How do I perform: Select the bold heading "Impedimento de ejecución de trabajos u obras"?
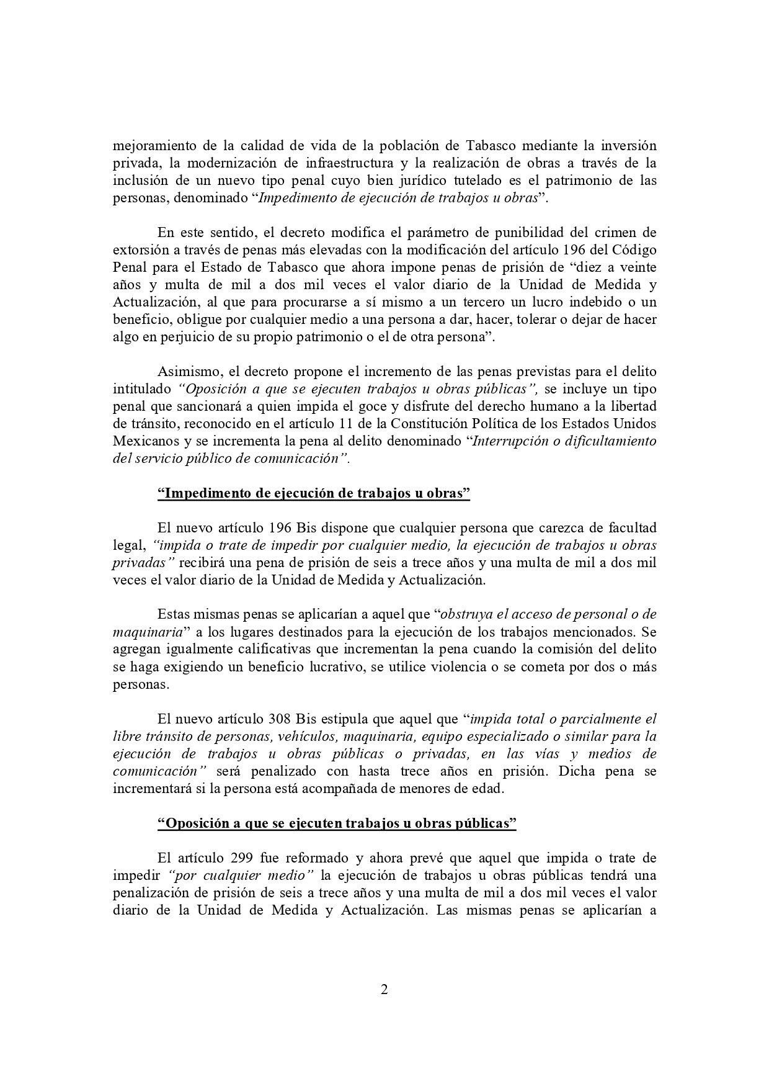(314, 494)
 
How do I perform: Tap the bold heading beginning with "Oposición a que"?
(337, 823)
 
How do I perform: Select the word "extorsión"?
(139, 251)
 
